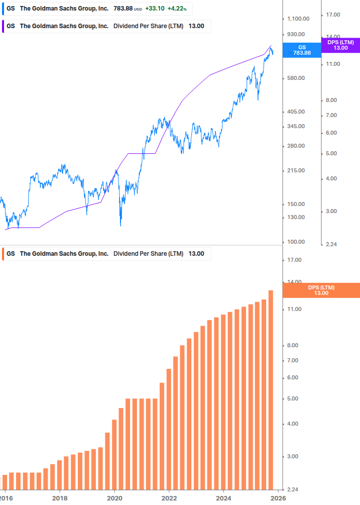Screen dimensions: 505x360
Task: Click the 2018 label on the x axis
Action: [59, 497]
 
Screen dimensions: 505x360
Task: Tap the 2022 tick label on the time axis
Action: [169, 497]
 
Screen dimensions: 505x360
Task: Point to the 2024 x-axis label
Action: [224, 497]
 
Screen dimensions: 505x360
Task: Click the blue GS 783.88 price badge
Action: [301, 50]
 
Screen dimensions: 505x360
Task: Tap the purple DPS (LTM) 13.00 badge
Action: [340, 45]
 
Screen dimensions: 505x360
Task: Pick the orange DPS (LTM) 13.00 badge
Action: [321, 290]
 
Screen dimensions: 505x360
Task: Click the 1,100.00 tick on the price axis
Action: [298, 19]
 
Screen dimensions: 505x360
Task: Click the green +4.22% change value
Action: [177, 8]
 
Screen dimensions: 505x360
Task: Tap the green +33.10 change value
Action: [155, 8]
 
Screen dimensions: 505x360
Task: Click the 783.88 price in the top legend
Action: [124, 8]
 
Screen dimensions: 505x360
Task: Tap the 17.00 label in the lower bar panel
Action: [294, 260]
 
